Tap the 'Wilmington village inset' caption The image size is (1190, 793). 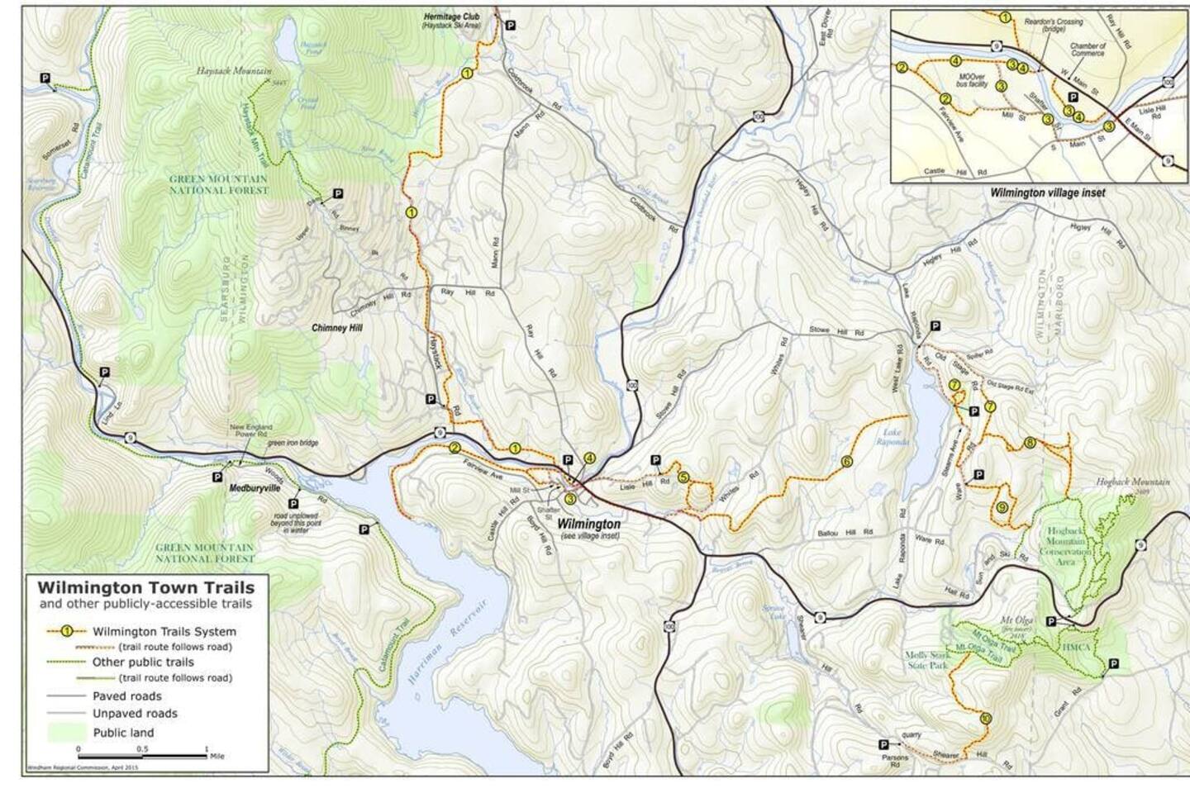coord(1047,192)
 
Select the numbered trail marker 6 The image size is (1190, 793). coord(846,462)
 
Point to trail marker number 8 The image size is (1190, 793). coord(1029,443)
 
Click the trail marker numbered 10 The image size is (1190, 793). coord(985,718)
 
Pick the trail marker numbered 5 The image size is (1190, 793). coord(683,477)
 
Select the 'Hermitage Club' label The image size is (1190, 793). coord(451,16)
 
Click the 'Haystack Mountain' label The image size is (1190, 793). coord(234,72)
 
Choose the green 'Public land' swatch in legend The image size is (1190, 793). coord(67,732)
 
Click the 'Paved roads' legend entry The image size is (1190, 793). coord(126,696)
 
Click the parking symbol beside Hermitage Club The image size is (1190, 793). coord(511,26)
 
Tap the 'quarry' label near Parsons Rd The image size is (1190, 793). coord(912,734)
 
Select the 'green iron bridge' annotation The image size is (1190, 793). coord(292,443)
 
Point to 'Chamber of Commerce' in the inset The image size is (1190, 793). coord(1088,50)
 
